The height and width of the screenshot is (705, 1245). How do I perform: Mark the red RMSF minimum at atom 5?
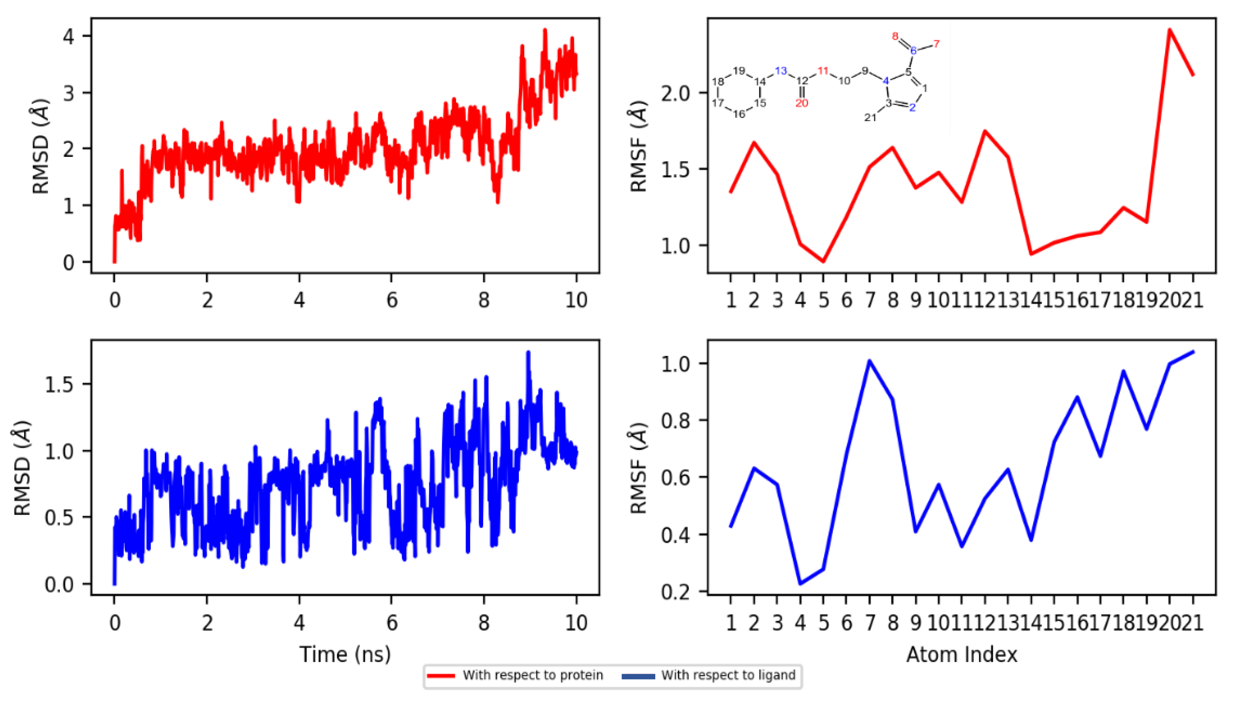point(823,261)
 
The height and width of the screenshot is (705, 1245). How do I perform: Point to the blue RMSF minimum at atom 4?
point(800,584)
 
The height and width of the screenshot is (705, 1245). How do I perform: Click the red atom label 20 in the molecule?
point(802,103)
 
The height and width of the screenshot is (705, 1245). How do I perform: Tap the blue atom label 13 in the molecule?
point(780,71)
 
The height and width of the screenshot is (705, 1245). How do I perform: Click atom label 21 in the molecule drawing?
point(870,118)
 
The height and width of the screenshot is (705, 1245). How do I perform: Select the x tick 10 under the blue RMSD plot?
point(576,623)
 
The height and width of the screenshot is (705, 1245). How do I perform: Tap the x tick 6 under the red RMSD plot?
point(392,301)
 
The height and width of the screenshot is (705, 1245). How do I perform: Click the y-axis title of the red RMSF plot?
point(639,146)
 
